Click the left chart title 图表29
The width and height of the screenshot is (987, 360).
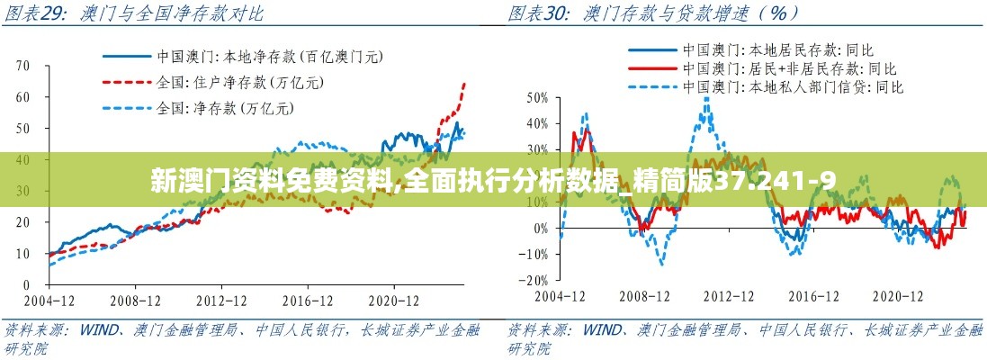click(40, 13)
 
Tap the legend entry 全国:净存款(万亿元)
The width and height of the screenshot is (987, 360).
click(226, 109)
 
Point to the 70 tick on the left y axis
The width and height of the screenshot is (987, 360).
click(23, 66)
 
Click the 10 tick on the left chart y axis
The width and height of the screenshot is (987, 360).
click(23, 254)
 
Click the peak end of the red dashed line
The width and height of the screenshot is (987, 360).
click(464, 83)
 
